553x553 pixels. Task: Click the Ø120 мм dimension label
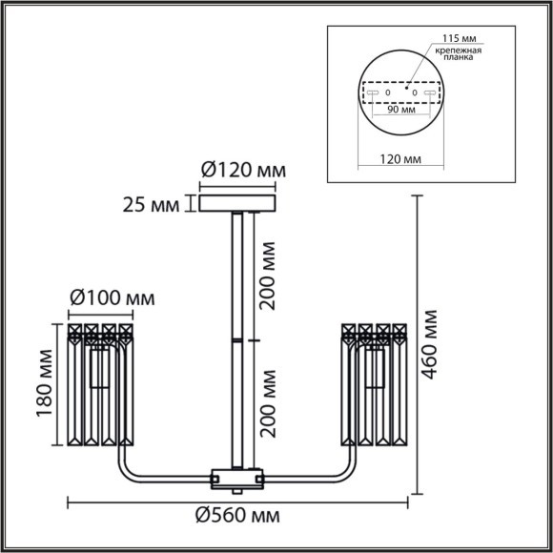pyautogui.click(x=242, y=171)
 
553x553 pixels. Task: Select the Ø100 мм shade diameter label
pyautogui.click(x=112, y=299)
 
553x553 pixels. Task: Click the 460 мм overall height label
pyautogui.click(x=434, y=344)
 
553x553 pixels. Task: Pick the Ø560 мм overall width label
pyautogui.click(x=237, y=517)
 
